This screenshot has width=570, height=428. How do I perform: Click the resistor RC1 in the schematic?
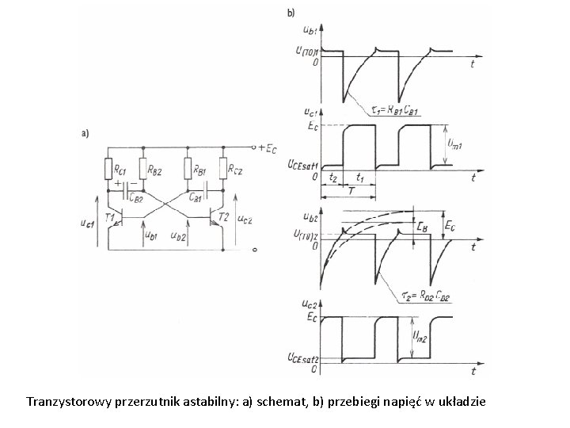[108, 169]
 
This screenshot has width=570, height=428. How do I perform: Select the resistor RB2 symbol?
[143, 169]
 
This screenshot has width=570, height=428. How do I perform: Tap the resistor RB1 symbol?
[188, 169]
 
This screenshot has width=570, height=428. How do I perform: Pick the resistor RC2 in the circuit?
[223, 169]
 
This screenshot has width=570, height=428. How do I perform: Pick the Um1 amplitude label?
[456, 144]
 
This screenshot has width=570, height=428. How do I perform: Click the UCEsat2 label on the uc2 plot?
[302, 357]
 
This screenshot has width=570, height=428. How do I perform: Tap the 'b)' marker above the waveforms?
[291, 13]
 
